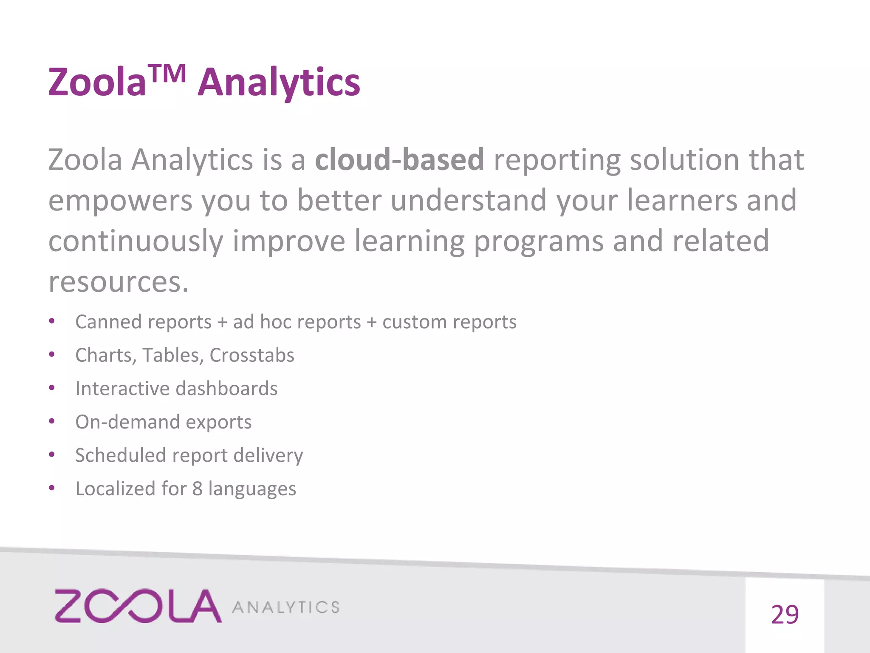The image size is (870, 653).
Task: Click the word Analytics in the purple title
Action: [279, 83]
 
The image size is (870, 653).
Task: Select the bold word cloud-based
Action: [399, 160]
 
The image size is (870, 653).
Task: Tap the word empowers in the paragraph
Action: [120, 201]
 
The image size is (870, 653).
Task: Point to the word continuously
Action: [136, 241]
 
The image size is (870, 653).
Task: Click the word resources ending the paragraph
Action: [118, 282]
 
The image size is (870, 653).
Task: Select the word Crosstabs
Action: [251, 355]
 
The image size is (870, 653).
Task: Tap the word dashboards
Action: [226, 389]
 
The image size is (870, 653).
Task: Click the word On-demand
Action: [127, 422]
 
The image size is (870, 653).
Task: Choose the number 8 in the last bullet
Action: [197, 489]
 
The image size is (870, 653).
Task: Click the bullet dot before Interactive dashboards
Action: [52, 388]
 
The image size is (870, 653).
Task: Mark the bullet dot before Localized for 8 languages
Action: [52, 488]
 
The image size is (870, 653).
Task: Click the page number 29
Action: [784, 615]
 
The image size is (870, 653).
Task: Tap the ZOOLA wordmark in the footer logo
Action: [138, 606]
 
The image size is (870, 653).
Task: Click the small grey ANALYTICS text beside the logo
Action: [286, 608]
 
